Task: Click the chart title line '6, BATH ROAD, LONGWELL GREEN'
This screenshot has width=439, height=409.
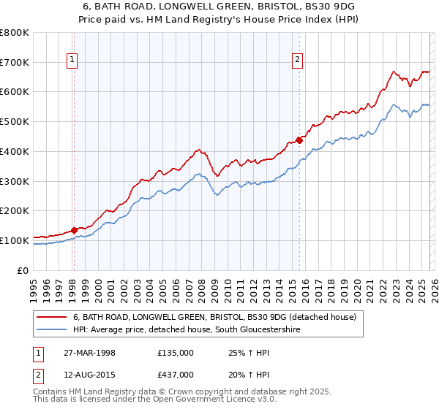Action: pyautogui.click(x=219, y=5)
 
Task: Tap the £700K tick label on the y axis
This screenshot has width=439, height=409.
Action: pyautogui.click(x=15, y=63)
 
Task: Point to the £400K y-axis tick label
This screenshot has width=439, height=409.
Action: pyautogui.click(x=15, y=152)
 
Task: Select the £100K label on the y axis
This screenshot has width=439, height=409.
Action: pyautogui.click(x=15, y=240)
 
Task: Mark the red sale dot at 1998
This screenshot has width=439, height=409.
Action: pyautogui.click(x=75, y=230)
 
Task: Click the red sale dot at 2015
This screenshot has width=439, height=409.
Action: pyautogui.click(x=299, y=140)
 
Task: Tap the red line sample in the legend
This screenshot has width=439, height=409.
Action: pyautogui.click(x=52, y=317)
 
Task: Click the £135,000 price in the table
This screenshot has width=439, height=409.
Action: pyautogui.click(x=176, y=353)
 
